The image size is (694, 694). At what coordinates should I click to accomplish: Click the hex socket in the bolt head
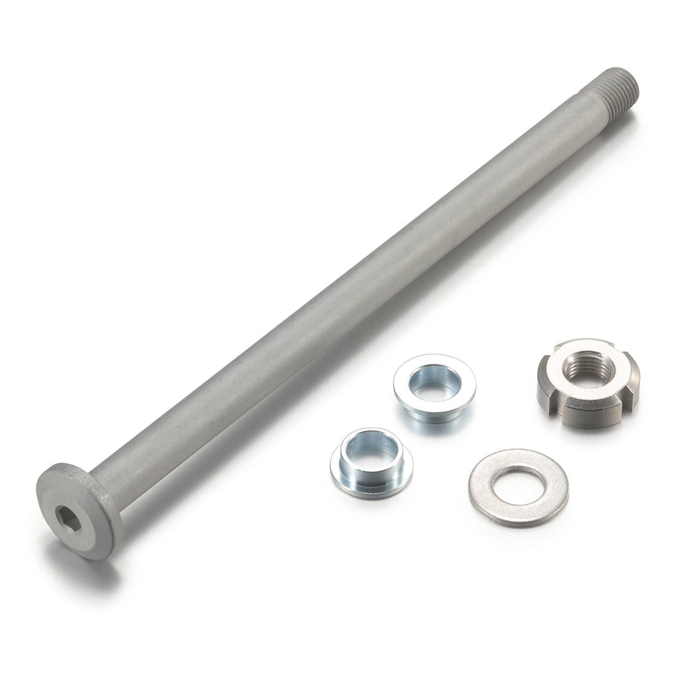pos(68,518)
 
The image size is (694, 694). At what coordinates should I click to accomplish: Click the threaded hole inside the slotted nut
pos(588,369)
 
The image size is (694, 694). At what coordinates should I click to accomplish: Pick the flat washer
pos(518,488)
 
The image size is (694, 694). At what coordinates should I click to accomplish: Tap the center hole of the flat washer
pos(518,486)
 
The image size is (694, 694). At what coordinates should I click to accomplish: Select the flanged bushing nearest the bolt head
pos(371,463)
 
